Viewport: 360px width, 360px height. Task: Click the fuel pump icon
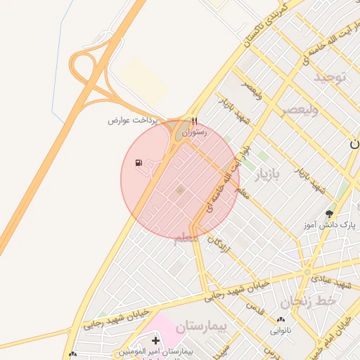tap(139, 164)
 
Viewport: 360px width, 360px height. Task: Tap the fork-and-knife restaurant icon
tap(194, 121)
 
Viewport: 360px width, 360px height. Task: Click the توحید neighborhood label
tap(330, 76)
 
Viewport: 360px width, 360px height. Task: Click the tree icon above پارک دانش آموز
tap(329, 214)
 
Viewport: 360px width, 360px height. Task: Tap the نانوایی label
tap(275, 329)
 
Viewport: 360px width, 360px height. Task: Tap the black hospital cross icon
tap(155, 341)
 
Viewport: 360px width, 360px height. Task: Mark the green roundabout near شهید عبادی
tap(307, 271)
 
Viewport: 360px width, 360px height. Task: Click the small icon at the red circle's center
tap(180, 190)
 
